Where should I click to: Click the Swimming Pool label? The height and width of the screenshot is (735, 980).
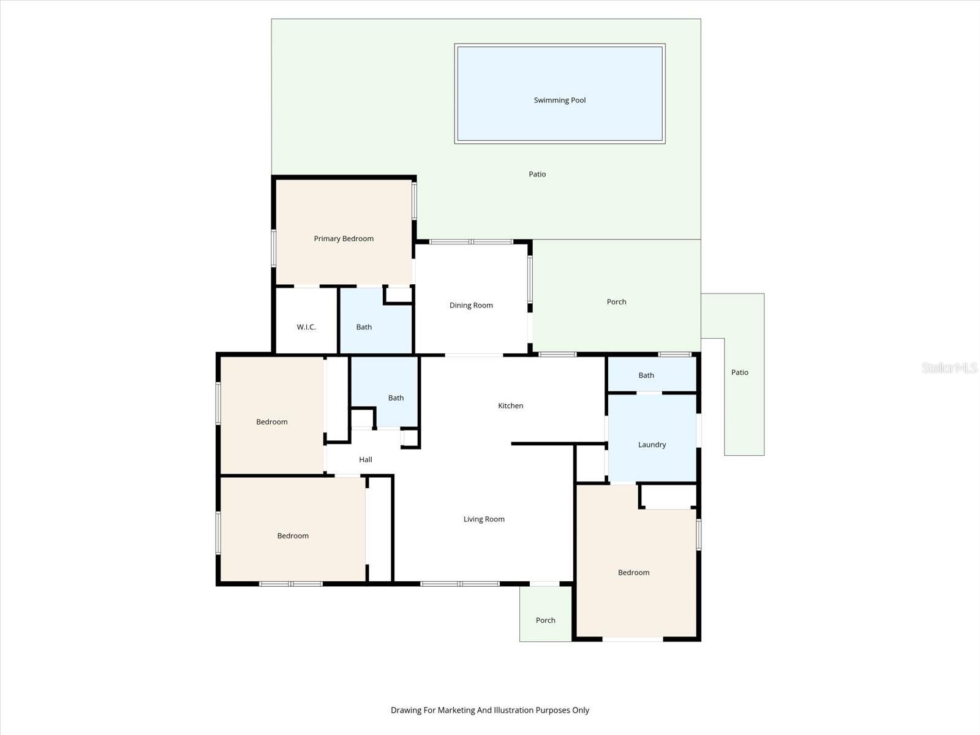point(559,100)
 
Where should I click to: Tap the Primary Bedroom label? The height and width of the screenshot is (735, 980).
point(344,239)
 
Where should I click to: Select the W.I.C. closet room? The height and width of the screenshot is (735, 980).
point(306,327)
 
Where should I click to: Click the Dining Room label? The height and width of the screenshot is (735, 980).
point(471,306)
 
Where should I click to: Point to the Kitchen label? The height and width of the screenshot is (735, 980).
point(510,405)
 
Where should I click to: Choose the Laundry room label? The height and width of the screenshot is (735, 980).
point(652,445)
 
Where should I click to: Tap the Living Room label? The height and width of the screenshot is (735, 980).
point(484,519)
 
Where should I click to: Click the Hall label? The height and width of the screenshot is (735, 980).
point(366,459)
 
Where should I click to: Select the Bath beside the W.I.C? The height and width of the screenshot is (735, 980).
point(364,327)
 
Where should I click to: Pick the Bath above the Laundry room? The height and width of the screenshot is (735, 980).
point(646,375)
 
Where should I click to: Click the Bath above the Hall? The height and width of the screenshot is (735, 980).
point(396,398)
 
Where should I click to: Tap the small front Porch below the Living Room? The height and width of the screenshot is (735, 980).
point(545,620)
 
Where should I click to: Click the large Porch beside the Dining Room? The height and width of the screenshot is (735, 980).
point(616,302)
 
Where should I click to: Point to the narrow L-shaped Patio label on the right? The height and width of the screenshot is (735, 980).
point(739,372)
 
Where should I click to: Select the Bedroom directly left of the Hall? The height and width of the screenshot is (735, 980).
point(271,422)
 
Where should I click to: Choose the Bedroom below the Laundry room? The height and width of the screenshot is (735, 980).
point(633,573)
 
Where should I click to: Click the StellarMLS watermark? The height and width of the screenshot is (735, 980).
point(949,368)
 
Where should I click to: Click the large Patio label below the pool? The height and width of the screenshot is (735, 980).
point(537,175)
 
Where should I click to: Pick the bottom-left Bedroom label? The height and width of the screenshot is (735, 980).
point(293,536)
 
